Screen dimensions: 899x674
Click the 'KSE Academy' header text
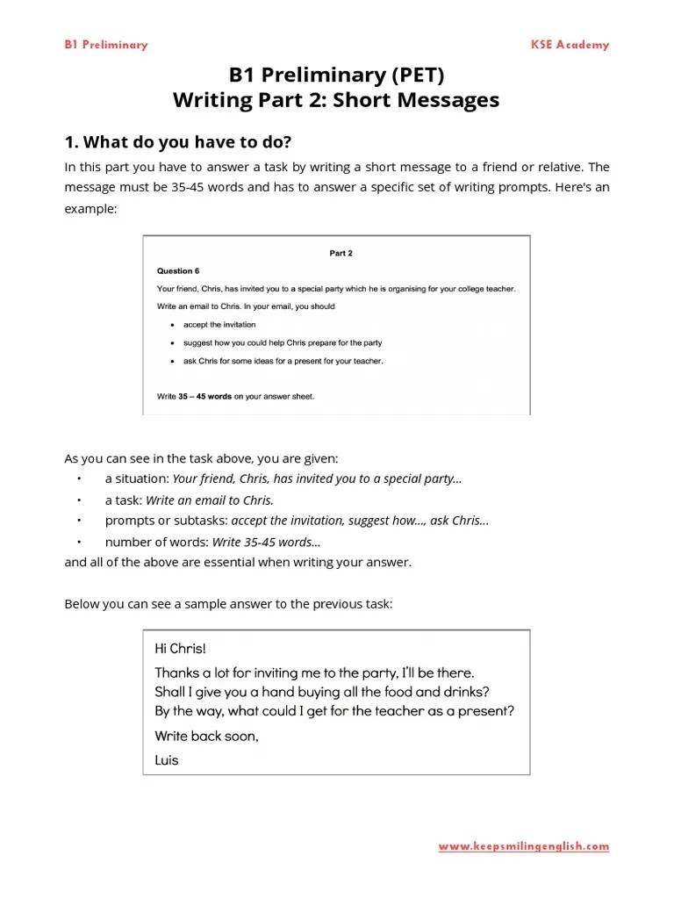[570, 45]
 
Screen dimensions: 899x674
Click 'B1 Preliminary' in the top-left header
[105, 45]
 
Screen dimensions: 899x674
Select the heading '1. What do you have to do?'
[177, 142]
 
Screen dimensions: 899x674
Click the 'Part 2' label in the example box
[341, 253]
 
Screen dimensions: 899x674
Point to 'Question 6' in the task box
[178, 271]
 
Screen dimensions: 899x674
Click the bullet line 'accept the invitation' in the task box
[219, 325]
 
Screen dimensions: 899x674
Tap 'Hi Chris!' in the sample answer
[180, 650]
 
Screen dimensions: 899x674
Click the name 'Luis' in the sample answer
[167, 759]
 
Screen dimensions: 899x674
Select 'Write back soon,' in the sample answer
[206, 736]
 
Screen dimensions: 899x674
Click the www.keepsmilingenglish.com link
[523, 847]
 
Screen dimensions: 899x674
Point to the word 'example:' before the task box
[90, 211]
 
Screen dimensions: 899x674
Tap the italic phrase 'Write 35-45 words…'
[266, 543]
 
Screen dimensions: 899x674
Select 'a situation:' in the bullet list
[137, 478]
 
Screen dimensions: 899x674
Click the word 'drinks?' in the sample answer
[464, 692]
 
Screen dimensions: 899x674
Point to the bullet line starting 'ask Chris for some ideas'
[283, 361]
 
